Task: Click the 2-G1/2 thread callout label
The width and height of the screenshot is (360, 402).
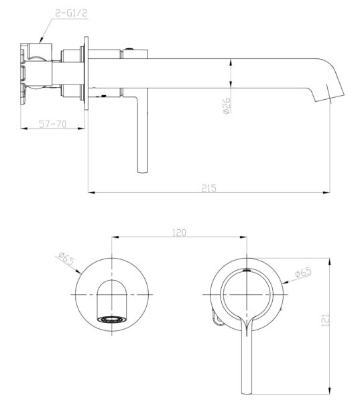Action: pos(72,13)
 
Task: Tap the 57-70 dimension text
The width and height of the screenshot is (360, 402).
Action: pos(52,124)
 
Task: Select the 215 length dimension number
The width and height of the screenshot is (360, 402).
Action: pos(209,188)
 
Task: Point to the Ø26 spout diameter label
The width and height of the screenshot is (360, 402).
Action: pos(227,105)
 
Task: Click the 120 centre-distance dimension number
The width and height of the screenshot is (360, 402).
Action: pos(179,232)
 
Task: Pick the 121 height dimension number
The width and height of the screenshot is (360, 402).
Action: pos(325,320)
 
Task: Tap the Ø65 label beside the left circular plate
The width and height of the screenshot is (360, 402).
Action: pos(66,259)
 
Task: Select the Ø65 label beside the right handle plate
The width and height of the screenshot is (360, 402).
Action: pos(303,272)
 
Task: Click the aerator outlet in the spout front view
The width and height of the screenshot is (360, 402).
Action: pos(112,320)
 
